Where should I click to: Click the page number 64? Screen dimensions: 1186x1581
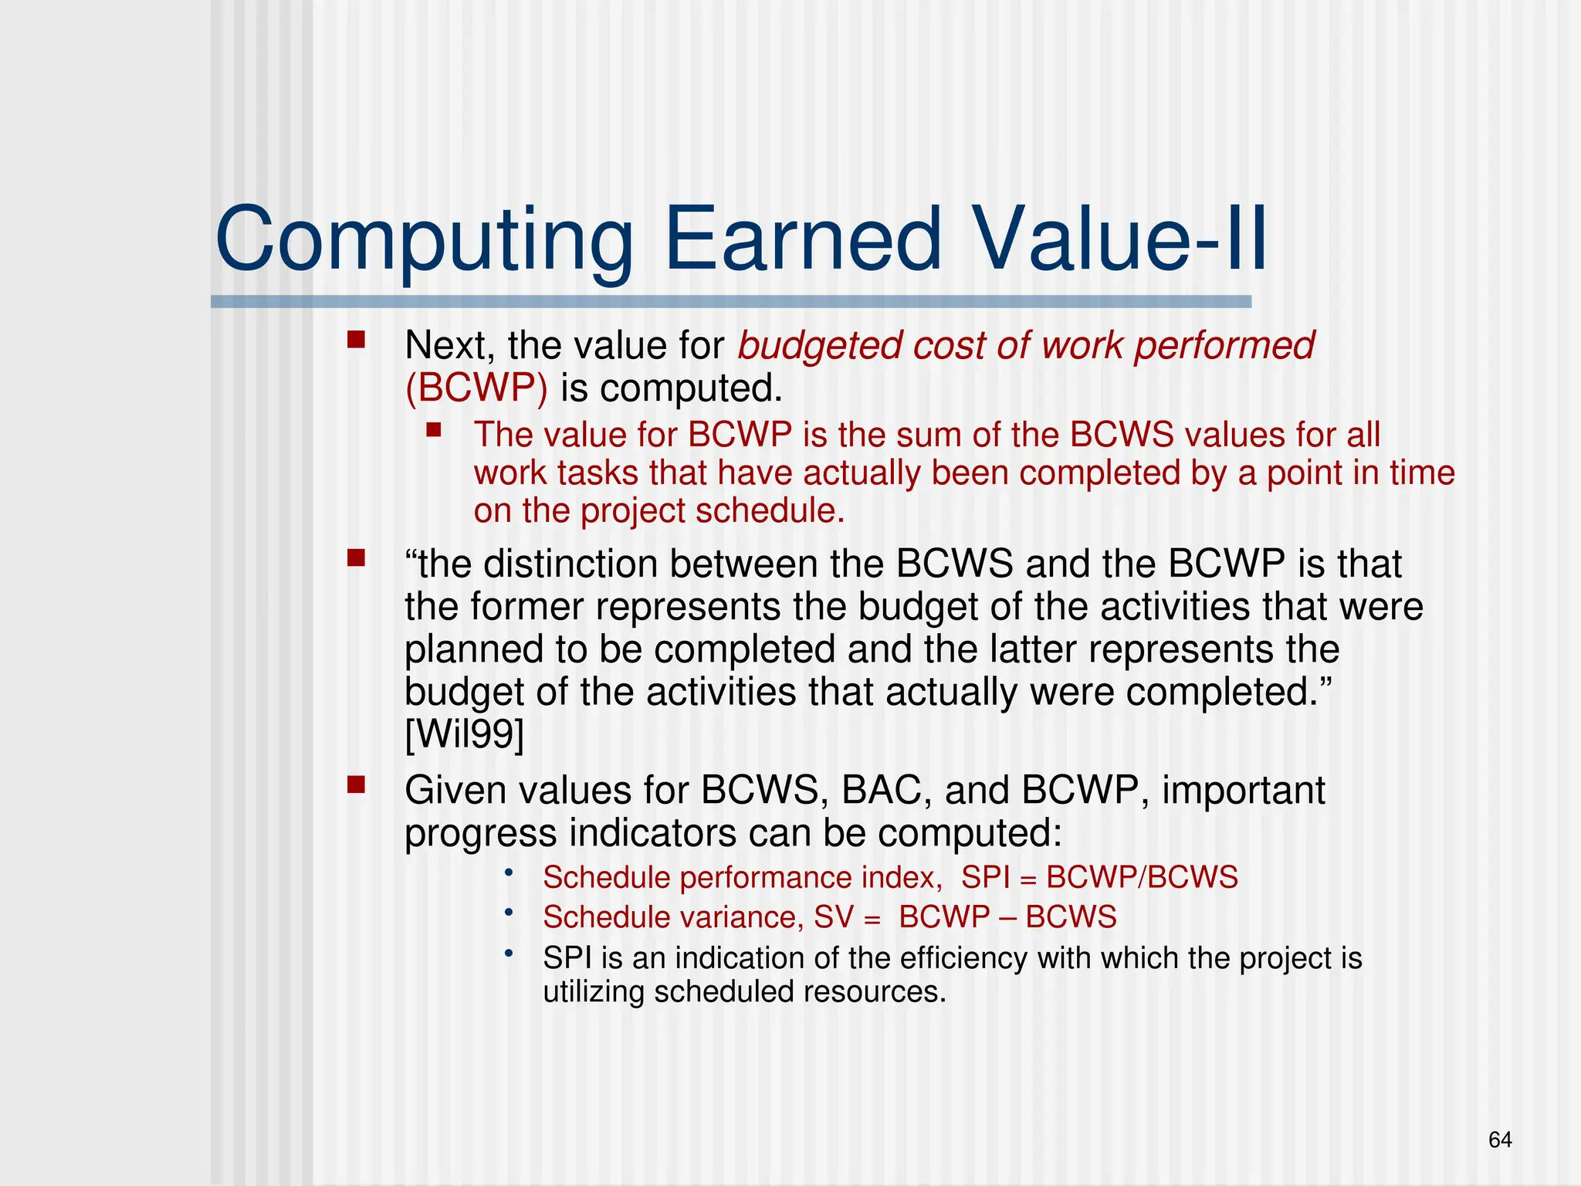1499,1140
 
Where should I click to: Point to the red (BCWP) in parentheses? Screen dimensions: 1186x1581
476,388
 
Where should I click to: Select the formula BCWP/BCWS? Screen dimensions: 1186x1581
1142,878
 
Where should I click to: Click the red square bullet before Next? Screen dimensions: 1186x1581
356,340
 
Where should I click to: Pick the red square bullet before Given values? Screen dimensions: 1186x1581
356,785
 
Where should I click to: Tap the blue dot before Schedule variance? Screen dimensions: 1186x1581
509,913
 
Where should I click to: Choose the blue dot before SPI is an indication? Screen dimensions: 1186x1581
509,954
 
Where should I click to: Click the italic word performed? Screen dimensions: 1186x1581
1224,345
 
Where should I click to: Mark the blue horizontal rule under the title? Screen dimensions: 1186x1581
730,302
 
